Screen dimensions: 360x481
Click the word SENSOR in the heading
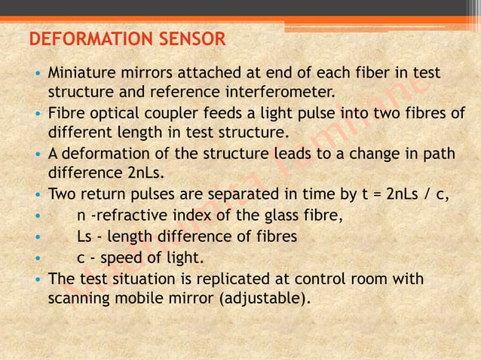click(x=190, y=38)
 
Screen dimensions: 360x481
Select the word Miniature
click(x=82, y=74)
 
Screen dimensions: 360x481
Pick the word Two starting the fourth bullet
click(x=63, y=195)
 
